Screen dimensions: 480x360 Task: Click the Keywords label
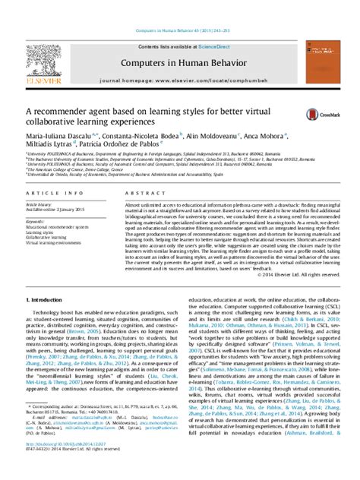pyautogui.click(x=33, y=222)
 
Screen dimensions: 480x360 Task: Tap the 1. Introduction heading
pyautogui.click(x=43, y=301)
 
